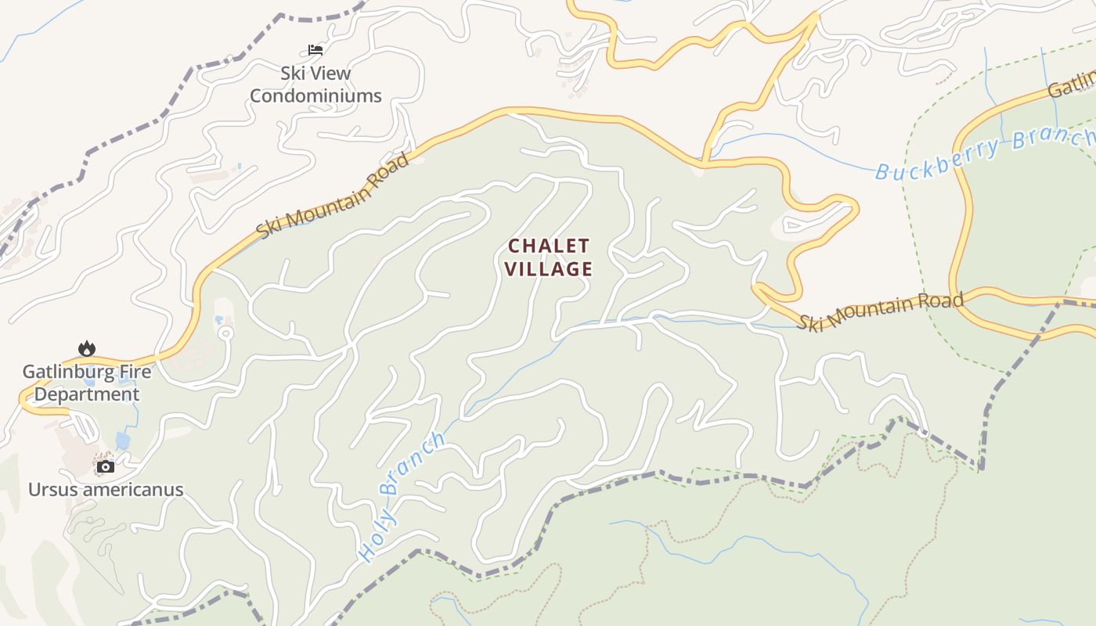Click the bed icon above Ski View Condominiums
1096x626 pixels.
click(315, 50)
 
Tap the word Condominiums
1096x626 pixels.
click(315, 96)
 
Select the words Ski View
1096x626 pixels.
click(315, 74)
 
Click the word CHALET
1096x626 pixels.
click(548, 246)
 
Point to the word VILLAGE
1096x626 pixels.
click(548, 269)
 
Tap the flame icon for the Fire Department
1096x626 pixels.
click(86, 348)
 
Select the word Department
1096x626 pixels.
click(86, 394)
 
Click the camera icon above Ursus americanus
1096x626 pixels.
click(105, 467)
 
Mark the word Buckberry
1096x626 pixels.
click(937, 158)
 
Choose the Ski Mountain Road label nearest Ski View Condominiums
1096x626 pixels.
click(333, 196)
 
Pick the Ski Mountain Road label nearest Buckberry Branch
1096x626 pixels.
click(880, 311)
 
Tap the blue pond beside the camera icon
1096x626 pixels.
click(123, 441)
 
